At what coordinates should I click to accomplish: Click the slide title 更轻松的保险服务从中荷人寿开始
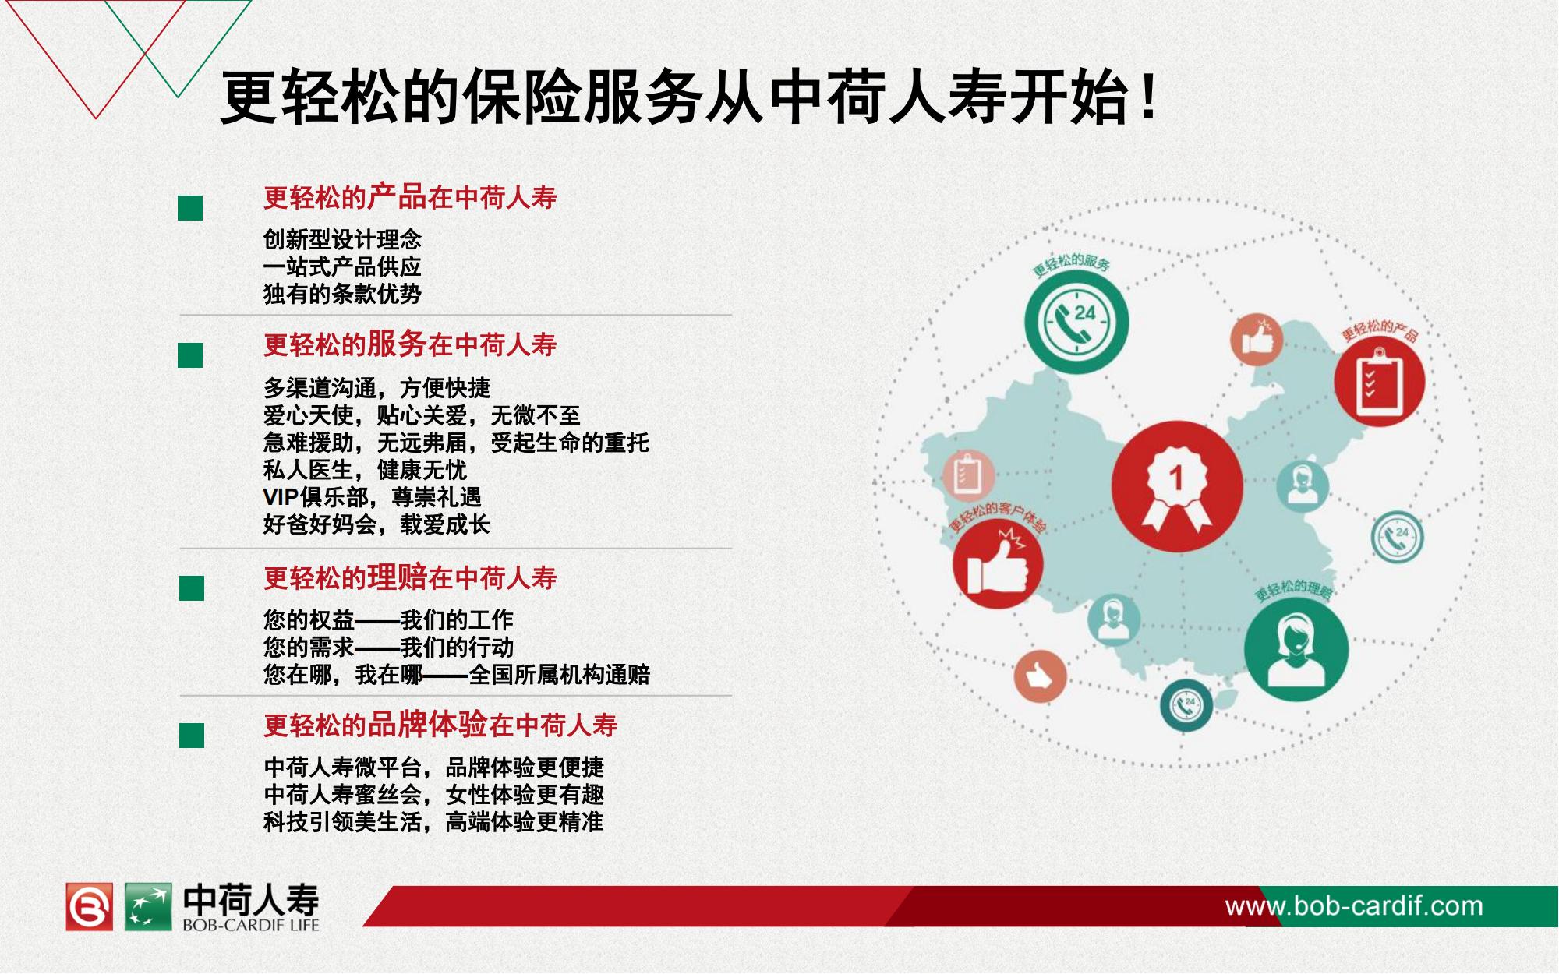pos(688,97)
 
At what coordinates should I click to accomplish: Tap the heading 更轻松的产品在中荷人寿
pos(410,197)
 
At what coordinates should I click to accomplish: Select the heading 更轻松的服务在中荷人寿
pos(410,344)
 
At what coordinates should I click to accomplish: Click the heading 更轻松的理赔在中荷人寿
pos(410,577)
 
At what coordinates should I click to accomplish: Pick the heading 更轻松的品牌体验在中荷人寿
pos(440,725)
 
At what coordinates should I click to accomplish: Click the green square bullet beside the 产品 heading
pos(190,208)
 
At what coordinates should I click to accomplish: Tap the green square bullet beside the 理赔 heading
pos(191,588)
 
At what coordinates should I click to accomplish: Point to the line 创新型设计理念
pos(342,239)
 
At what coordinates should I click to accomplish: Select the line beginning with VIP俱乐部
pos(373,497)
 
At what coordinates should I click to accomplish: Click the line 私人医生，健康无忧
pos(365,470)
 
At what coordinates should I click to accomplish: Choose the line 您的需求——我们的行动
pos(388,647)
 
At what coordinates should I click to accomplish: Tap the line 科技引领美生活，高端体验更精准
pos(433,821)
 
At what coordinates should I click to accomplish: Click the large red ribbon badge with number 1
pos(1176,486)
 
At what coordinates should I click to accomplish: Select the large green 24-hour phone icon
pos(1076,323)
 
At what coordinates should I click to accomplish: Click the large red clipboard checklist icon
pos(1379,382)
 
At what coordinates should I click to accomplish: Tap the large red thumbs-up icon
pos(998,564)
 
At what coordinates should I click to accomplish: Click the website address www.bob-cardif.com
pos(1354,906)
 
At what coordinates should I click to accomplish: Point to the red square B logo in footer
pos(89,907)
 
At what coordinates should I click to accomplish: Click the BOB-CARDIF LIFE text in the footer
pos(251,926)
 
